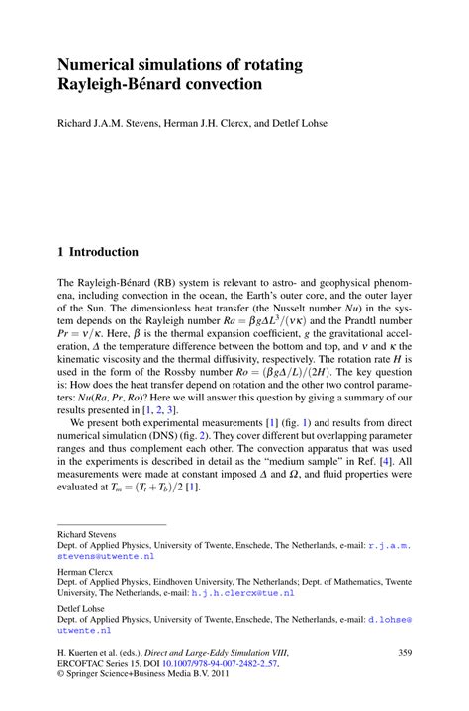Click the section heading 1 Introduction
click(x=98, y=252)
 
